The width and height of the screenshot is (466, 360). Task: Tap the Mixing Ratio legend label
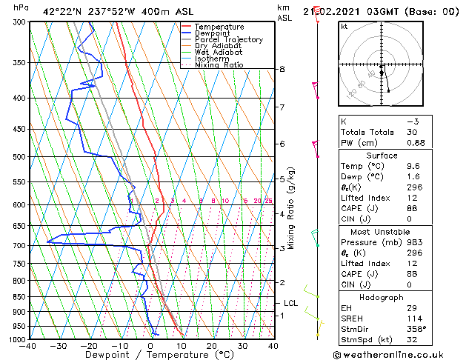click(x=219, y=65)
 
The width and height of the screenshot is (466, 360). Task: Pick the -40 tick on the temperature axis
click(x=28, y=346)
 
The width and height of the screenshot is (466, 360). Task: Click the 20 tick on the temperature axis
click(x=211, y=346)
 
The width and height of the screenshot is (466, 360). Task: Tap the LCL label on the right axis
click(x=291, y=303)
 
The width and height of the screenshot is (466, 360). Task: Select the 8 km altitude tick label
click(x=282, y=69)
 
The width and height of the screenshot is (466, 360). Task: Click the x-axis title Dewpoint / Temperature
click(x=150, y=355)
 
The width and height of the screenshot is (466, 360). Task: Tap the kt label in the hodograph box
click(x=344, y=26)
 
